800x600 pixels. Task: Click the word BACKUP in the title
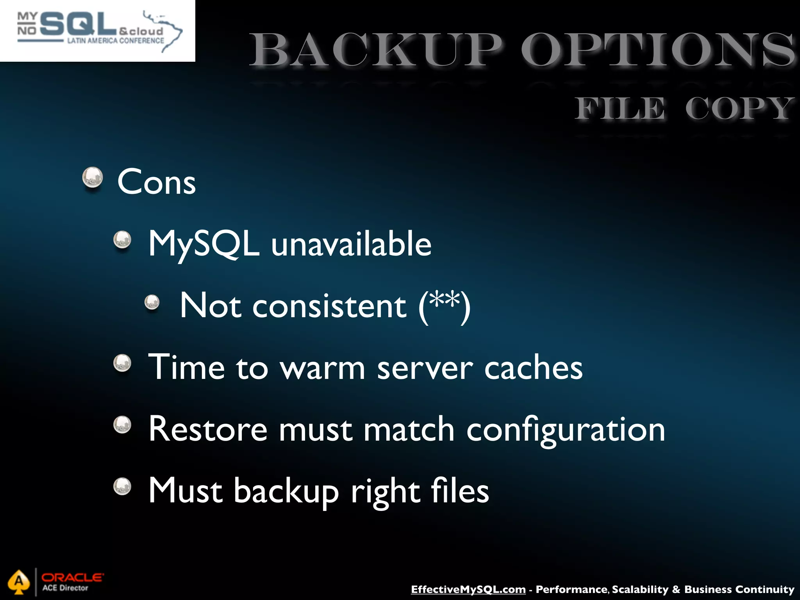[x=375, y=51]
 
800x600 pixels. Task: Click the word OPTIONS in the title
[x=658, y=51]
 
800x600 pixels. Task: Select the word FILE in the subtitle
[x=620, y=109]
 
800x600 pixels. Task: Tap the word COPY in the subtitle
[x=739, y=109]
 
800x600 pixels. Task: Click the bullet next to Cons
[x=93, y=178]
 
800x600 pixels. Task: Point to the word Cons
[x=156, y=182]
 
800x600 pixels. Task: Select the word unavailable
[x=351, y=244]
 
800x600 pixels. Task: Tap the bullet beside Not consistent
[x=152, y=302]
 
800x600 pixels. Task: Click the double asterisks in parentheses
[x=444, y=301]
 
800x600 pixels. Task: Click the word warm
[x=323, y=368]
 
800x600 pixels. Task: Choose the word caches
[x=533, y=368]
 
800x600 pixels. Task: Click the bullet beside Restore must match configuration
[x=122, y=425]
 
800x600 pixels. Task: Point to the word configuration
[x=566, y=430]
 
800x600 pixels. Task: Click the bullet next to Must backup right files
[x=122, y=487]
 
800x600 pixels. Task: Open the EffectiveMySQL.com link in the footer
[x=468, y=589]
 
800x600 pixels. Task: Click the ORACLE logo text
[x=73, y=577]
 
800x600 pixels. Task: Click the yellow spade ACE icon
[x=18, y=582]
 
